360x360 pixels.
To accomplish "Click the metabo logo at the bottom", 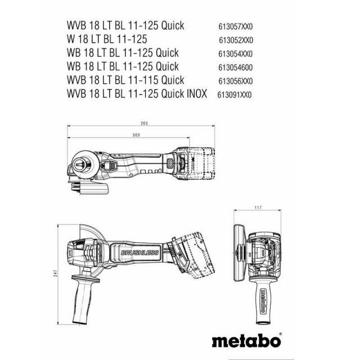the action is click(x=246, y=341).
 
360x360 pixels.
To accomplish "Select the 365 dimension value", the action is click(x=144, y=123).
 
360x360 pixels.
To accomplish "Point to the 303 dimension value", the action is click(x=136, y=135).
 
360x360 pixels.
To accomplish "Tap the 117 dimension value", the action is click(x=258, y=208).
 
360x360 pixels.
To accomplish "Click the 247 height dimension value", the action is click(x=56, y=273).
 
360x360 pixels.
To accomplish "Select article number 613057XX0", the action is click(x=235, y=26).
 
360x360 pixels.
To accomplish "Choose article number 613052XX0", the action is click(x=236, y=40).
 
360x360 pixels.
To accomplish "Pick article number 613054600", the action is click(x=235, y=67).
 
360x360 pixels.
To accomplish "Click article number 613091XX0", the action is click(x=235, y=94).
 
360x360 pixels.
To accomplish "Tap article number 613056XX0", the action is click(x=235, y=81).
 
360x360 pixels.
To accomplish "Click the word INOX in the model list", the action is click(x=197, y=94).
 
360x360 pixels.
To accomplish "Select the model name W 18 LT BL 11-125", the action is click(x=107, y=39).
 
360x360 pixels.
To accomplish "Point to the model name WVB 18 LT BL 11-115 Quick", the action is click(x=125, y=80).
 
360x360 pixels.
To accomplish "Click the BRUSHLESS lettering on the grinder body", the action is click(x=139, y=253).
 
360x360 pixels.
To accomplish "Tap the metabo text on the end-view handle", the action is click(x=263, y=301).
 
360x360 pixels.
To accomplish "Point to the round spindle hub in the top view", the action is click(x=82, y=164).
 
